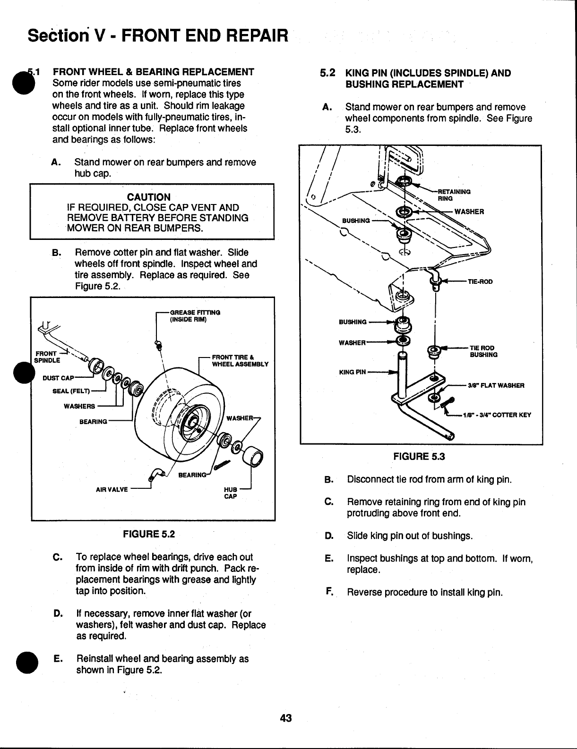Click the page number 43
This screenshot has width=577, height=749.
[x=286, y=719]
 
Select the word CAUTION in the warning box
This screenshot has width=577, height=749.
[x=149, y=197]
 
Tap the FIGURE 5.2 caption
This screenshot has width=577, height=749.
[x=149, y=534]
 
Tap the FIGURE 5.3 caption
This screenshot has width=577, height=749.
[x=419, y=457]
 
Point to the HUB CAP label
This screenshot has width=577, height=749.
[x=230, y=493]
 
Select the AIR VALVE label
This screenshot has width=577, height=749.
[x=112, y=489]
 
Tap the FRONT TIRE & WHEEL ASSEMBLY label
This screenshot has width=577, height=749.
[x=240, y=360]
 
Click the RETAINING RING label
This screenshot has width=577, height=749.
[x=454, y=195]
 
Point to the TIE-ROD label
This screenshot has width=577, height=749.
[x=480, y=282]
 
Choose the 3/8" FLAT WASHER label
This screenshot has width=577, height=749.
[x=496, y=385]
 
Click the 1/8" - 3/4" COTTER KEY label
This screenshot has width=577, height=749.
[x=497, y=415]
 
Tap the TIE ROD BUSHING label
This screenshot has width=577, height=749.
[x=482, y=351]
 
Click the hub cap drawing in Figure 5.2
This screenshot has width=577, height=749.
[x=254, y=457]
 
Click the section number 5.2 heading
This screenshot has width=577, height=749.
[x=327, y=73]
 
